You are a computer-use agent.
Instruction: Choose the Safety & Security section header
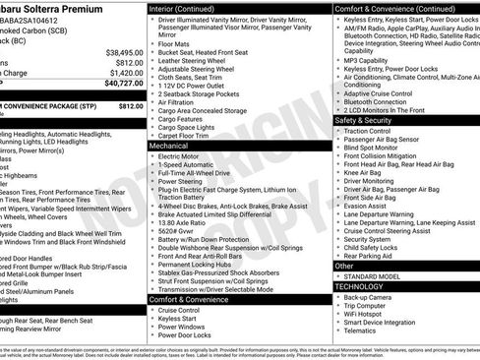[370, 119]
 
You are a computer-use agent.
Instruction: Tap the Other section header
[344, 266]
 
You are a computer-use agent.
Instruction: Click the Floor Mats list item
[175, 44]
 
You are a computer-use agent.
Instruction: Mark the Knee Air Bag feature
[367, 172]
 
